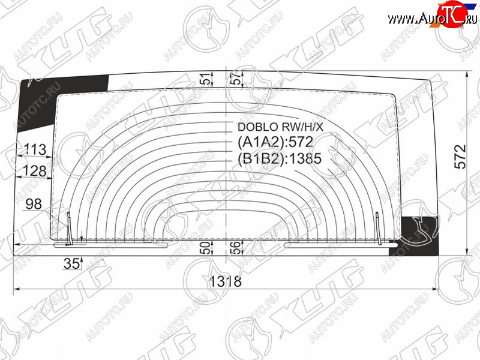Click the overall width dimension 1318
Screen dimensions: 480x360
[226, 281]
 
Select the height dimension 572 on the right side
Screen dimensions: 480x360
[460, 157]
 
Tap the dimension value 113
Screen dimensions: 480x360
[35, 149]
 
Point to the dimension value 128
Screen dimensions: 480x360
[35, 170]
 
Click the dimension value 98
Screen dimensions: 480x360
[34, 204]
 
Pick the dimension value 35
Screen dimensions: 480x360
[72, 263]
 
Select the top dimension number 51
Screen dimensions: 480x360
[207, 79]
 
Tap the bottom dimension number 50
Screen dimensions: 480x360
[206, 248]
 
